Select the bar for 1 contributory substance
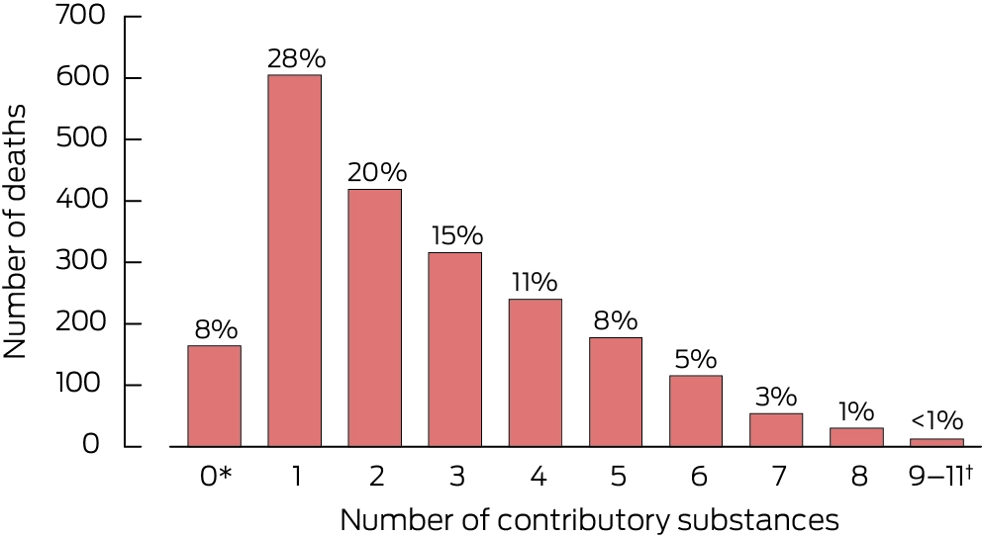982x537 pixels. pyautogui.click(x=294, y=260)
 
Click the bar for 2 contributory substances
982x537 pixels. pyautogui.click(x=374, y=317)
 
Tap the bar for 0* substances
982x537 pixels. pyautogui.click(x=214, y=397)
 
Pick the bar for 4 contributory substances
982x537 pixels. pyautogui.click(x=536, y=373)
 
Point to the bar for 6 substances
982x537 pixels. pyautogui.click(x=696, y=411)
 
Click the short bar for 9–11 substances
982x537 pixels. pyautogui.click(x=936, y=442)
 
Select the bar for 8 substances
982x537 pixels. pyautogui.click(x=856, y=437)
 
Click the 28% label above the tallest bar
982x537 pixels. pyautogui.click(x=296, y=58)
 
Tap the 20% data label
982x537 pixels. pyautogui.click(x=377, y=173)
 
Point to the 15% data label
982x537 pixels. pyautogui.click(x=457, y=236)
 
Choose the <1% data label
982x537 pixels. pyautogui.click(x=936, y=420)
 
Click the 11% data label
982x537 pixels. pyautogui.click(x=535, y=283)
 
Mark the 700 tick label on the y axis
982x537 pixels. pyautogui.click(x=81, y=15)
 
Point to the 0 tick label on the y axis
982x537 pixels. pyautogui.click(x=91, y=444)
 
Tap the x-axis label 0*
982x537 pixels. pyautogui.click(x=216, y=477)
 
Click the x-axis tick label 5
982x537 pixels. pyautogui.click(x=618, y=477)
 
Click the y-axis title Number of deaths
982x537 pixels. pyautogui.click(x=15, y=231)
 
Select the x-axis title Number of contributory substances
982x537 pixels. pyautogui.click(x=589, y=520)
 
